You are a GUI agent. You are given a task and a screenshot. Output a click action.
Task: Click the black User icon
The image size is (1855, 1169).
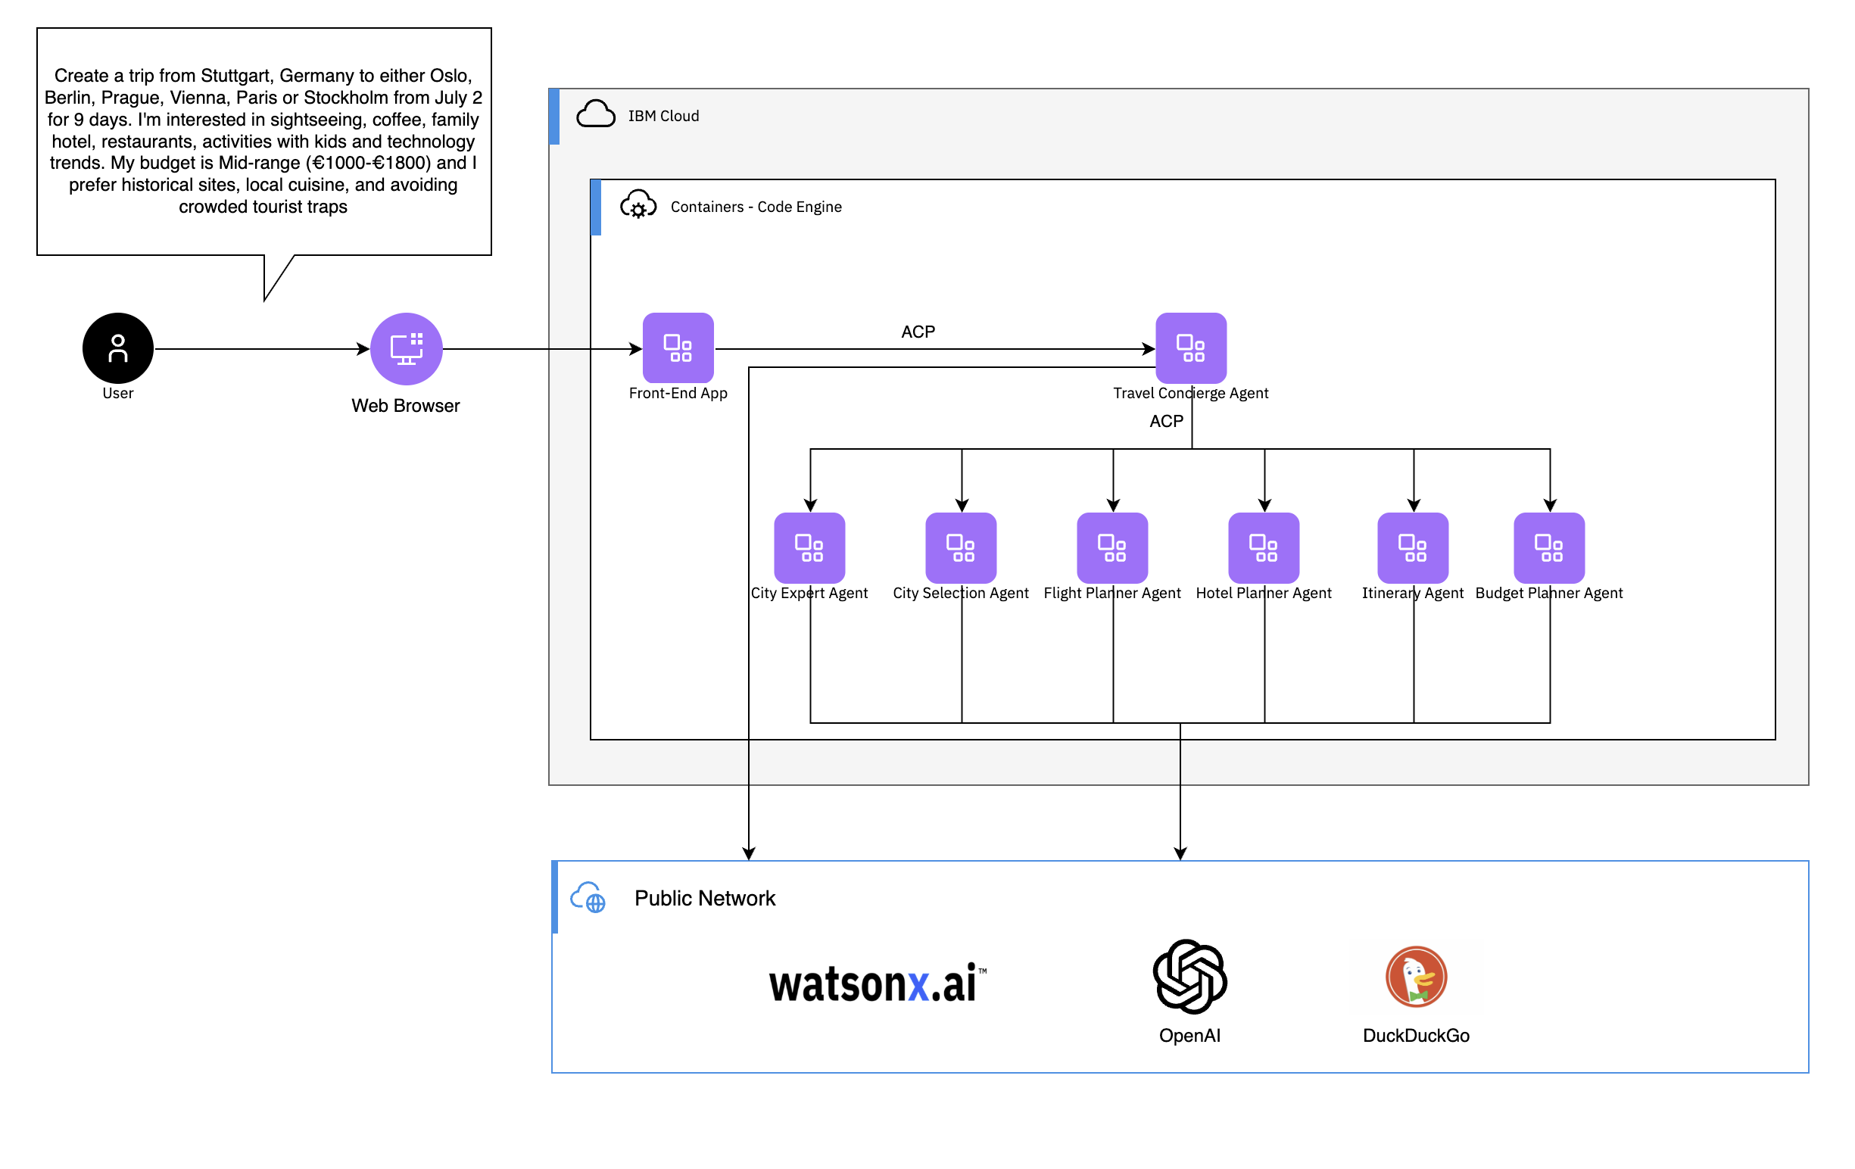[118, 348]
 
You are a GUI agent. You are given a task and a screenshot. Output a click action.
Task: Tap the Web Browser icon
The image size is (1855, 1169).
[406, 348]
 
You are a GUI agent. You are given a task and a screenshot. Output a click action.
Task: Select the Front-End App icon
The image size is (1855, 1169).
[678, 348]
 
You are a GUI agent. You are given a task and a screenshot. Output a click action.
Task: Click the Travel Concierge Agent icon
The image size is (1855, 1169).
[1190, 348]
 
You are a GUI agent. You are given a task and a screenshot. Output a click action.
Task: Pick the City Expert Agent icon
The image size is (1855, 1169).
[809, 547]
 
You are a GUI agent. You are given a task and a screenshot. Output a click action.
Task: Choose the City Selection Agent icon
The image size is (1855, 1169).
[961, 547]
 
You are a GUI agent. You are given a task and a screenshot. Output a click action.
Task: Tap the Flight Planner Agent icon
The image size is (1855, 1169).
[1111, 547]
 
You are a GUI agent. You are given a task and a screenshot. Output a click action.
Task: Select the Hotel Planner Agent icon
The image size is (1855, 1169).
[1264, 547]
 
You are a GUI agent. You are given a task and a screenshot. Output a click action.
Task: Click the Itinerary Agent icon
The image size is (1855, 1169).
[1412, 547]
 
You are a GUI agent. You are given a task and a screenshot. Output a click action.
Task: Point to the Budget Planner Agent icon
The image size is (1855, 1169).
[1548, 547]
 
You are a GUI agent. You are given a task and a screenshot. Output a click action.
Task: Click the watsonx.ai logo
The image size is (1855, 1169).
[877, 984]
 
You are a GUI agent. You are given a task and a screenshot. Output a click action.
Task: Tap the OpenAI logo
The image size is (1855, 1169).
[1189, 976]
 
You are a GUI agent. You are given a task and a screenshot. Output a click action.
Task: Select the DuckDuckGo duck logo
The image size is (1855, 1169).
[1416, 976]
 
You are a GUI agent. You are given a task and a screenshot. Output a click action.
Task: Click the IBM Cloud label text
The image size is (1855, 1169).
[663, 116]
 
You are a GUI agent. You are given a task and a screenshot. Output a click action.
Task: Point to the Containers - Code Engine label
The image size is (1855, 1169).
[756, 207]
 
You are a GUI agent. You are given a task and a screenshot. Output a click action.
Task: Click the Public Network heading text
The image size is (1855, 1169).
[704, 898]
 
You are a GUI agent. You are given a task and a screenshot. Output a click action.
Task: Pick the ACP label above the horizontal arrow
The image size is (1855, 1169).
[918, 331]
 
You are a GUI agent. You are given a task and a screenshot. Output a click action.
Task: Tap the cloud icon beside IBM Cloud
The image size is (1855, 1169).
[595, 114]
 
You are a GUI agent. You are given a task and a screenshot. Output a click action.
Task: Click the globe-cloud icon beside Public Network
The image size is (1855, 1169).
[588, 898]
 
